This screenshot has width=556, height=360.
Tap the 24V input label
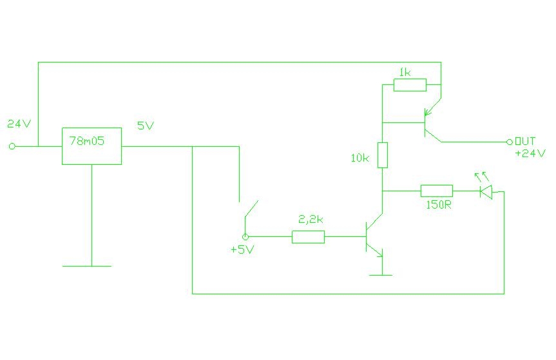19,124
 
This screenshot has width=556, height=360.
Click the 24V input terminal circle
12,146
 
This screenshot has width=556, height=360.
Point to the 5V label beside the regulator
146,126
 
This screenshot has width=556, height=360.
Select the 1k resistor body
410,85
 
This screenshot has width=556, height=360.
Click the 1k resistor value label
405,73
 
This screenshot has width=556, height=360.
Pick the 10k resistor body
383,155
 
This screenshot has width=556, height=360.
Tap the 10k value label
359,158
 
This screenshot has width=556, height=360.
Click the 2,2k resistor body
308,237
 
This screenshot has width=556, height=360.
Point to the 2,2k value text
311,220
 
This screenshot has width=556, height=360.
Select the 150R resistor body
437,191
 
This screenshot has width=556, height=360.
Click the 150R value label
439,205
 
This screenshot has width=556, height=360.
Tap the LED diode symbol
486,192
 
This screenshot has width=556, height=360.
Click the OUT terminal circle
510,142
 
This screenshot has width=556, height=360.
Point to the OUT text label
525,141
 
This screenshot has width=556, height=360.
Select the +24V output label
530,153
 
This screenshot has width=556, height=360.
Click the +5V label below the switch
242,249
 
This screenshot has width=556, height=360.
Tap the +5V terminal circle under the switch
245,237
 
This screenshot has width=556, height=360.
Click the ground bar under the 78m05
87,266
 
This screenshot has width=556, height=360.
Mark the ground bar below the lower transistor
381,275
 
